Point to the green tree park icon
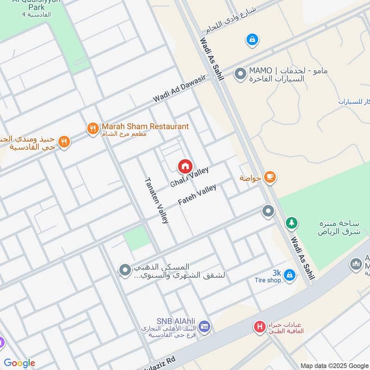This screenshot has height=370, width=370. [x=291, y=223]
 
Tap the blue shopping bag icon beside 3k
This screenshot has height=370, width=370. [x=289, y=275]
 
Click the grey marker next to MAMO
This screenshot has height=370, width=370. [x=240, y=74]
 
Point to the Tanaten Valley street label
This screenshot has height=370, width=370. [x=156, y=200]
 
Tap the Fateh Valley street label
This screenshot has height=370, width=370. [x=197, y=195]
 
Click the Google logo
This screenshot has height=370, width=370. [x=19, y=363]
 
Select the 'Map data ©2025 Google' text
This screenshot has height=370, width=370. [x=333, y=365]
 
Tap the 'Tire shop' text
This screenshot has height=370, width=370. [x=267, y=280]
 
